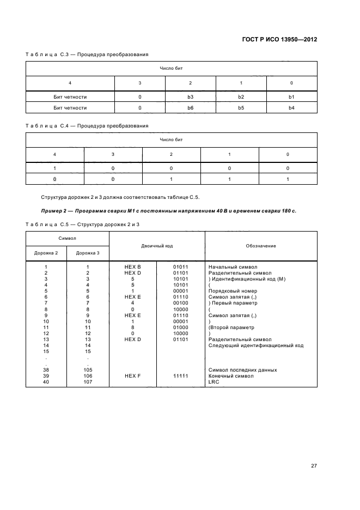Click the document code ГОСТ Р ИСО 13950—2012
[x=279, y=40]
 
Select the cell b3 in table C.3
[x=191, y=97]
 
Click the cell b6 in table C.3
[x=191, y=108]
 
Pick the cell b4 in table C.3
[x=291, y=108]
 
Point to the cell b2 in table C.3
[x=241, y=97]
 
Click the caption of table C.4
[x=87, y=126]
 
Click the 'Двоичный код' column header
[x=157, y=246]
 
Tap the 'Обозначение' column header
[x=260, y=246]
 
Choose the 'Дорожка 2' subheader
[x=46, y=253]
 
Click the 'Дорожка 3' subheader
[x=88, y=253]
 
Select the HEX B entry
[x=133, y=266]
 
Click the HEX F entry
[x=133, y=376]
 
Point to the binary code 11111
[x=180, y=376]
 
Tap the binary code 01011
[x=180, y=266]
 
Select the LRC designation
[x=213, y=382]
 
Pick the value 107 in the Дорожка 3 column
[x=88, y=382]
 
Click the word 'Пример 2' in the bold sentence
[x=56, y=210]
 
